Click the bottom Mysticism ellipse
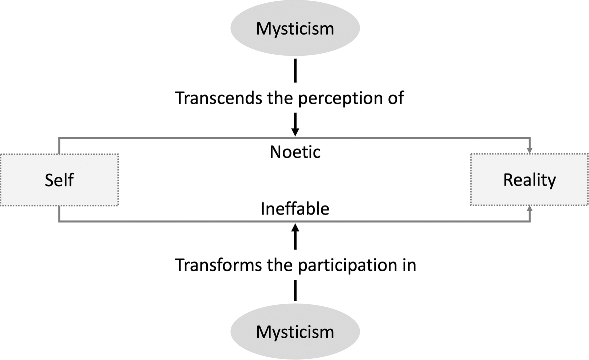pyautogui.click(x=295, y=330)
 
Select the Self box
pyautogui.click(x=58, y=181)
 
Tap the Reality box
pyautogui.click(x=529, y=181)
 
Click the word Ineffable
pyautogui.click(x=295, y=209)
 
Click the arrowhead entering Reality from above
pyautogui.click(x=529, y=151)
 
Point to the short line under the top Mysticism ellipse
pyautogui.click(x=295, y=72)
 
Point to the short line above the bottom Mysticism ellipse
pyautogui.click(x=295, y=290)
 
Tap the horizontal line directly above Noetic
pyautogui.click(x=200, y=137)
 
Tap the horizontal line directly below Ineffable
pyautogui.click(x=200, y=222)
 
